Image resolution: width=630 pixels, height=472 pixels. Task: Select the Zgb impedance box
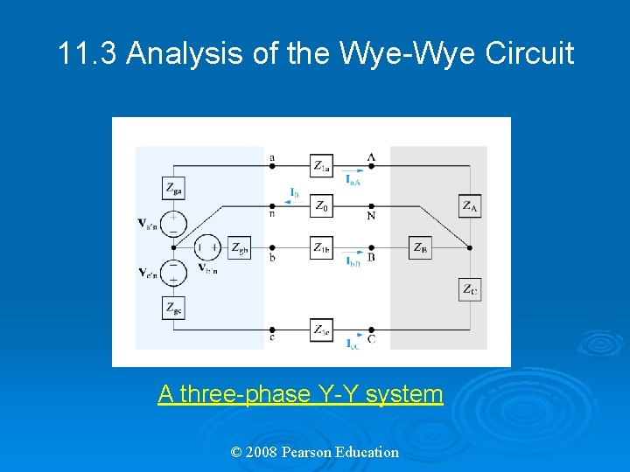tap(239, 248)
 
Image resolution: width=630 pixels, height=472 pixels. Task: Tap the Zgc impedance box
tap(174, 307)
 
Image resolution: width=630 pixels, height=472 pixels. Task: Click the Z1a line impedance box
tap(321, 166)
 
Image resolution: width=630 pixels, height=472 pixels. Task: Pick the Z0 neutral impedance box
tap(321, 207)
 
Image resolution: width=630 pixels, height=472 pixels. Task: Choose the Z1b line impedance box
tap(321, 248)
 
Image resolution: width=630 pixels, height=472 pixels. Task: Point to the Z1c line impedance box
tap(321, 330)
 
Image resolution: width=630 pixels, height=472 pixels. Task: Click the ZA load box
tap(471, 206)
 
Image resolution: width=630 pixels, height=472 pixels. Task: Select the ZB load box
tap(421, 248)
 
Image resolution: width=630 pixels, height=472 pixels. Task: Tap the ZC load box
tap(471, 289)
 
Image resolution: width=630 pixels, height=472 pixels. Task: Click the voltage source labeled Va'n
tap(174, 224)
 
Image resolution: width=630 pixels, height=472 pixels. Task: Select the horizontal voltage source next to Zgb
tap(207, 248)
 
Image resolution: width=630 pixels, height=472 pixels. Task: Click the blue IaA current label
tap(353, 179)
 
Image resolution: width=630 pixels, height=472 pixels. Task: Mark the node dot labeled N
tap(371, 207)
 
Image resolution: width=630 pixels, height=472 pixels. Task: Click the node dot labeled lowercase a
tap(272, 166)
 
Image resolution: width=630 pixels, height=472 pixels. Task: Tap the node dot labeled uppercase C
tap(371, 330)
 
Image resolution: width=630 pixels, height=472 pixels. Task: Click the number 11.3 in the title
tap(87, 54)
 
